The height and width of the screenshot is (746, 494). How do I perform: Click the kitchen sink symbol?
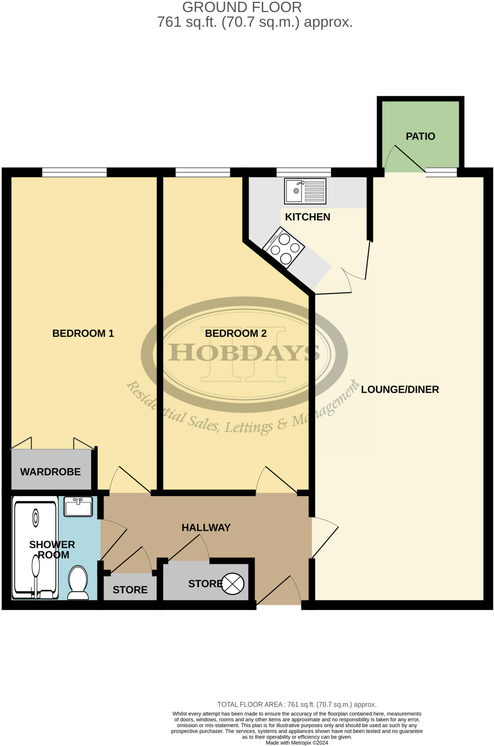(305, 191)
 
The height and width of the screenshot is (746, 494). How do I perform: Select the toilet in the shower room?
(78, 582)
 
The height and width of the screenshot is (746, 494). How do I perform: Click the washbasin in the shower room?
(78, 507)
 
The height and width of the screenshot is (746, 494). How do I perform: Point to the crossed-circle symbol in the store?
(233, 584)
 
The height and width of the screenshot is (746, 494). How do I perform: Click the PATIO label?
(420, 136)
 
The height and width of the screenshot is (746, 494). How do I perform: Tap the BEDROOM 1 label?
(83, 333)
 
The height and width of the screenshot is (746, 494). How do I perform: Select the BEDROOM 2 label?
(236, 333)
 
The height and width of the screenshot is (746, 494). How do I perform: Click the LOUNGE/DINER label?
(400, 389)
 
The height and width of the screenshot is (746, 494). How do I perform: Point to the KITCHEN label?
(307, 217)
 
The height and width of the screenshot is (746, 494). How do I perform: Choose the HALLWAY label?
(206, 527)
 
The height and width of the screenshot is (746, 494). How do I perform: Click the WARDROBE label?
(50, 472)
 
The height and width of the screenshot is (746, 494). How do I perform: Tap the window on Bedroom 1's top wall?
(74, 172)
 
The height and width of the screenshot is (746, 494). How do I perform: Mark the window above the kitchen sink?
(303, 172)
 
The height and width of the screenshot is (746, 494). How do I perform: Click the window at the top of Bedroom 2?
(203, 172)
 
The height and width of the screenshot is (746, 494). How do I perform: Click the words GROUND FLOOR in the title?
(242, 7)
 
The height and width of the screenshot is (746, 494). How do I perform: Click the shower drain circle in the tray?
(36, 518)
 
